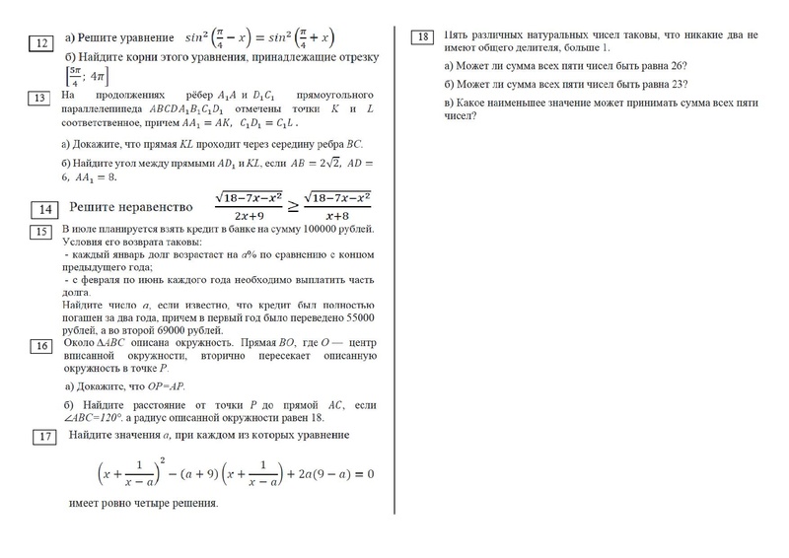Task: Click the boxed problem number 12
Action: [42, 41]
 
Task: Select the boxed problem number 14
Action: [45, 209]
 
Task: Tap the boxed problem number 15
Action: [41, 232]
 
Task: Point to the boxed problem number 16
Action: [41, 346]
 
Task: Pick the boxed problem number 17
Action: [45, 437]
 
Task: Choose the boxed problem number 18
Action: [422, 37]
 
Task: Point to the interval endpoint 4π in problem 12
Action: [100, 77]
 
